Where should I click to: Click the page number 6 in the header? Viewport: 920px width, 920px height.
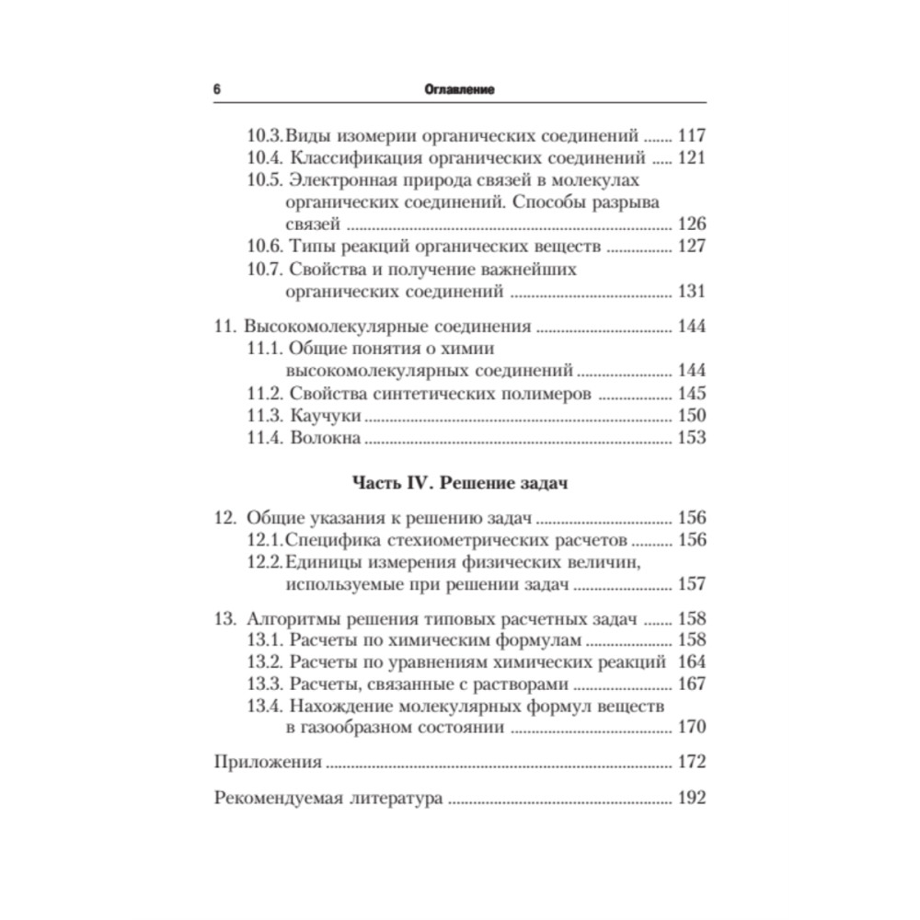pyautogui.click(x=216, y=90)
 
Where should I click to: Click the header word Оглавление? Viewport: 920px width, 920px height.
pyautogui.click(x=460, y=90)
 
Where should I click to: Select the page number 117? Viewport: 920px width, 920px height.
pyautogui.click(x=690, y=134)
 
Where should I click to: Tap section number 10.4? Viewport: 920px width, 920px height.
pyautogui.click(x=265, y=156)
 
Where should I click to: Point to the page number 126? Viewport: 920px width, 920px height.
pyautogui.click(x=690, y=224)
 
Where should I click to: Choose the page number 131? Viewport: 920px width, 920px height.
pyautogui.click(x=690, y=292)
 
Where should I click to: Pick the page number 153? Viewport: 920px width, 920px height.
pyautogui.click(x=690, y=438)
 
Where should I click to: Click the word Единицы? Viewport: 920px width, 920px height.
pyautogui.click(x=323, y=561)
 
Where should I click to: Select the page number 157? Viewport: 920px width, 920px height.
pyautogui.click(x=690, y=584)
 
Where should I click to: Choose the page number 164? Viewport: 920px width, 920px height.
pyautogui.click(x=690, y=661)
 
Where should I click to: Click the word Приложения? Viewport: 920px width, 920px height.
pyautogui.click(x=268, y=762)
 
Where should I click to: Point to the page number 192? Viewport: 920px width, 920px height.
pyautogui.click(x=690, y=798)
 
